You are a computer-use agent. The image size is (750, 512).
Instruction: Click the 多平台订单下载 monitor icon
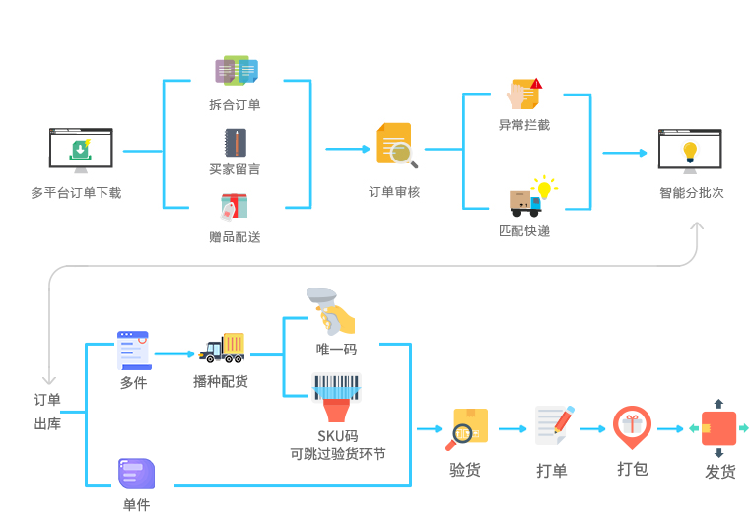pos(80,151)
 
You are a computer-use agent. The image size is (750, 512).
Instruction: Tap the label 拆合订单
pos(235,104)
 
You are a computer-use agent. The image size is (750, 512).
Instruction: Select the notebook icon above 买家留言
pos(235,143)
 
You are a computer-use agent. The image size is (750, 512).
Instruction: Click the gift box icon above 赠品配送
pos(235,207)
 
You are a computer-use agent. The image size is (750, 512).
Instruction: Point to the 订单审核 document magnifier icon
pos(395,145)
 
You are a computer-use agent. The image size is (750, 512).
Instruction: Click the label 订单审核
pos(394,192)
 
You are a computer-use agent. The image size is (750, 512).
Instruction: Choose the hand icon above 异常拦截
pos(523,95)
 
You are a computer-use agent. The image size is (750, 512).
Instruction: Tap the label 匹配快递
pos(524,231)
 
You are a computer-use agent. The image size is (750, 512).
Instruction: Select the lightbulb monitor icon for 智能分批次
pos(690,151)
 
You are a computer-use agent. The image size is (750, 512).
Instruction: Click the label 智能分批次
pos(691,193)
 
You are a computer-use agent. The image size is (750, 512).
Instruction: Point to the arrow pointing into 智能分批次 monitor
pos(624,153)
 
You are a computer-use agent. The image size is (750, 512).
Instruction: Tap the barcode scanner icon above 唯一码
pos(332,313)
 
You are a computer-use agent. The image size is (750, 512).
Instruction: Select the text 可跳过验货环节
pos(337,454)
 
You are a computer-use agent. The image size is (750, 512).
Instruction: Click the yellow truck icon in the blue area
pos(222,348)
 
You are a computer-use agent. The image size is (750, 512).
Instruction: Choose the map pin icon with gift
pos(631,426)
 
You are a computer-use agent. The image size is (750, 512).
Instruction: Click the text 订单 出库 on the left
pos(47,412)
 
